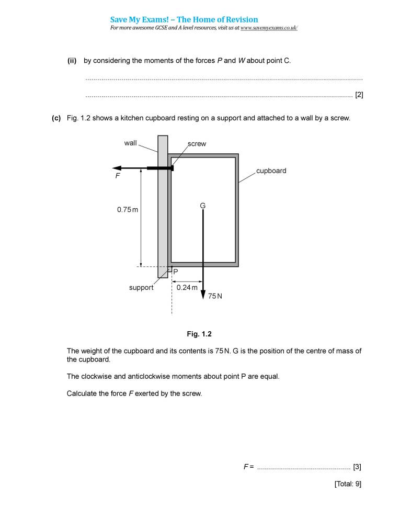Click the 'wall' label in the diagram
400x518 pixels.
coord(130,143)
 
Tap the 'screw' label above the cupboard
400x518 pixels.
coord(197,144)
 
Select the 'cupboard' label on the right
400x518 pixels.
coord(271,171)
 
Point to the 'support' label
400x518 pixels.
coord(141,287)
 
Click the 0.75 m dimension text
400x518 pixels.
coord(128,210)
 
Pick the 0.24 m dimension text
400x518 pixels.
coord(187,287)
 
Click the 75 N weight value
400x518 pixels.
coord(215,296)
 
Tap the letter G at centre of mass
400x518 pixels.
coord(203,206)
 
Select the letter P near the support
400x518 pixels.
coord(175,272)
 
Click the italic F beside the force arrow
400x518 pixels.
coord(117,177)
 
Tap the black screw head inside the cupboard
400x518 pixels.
coord(171,168)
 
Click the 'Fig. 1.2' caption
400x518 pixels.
coord(199,334)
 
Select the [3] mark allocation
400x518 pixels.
coord(357,466)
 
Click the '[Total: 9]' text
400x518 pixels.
coord(348,484)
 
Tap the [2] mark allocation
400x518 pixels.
coord(359,95)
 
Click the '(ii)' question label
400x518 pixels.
coord(72,61)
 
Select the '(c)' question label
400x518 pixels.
coord(56,118)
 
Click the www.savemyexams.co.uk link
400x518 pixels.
coord(269,28)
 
